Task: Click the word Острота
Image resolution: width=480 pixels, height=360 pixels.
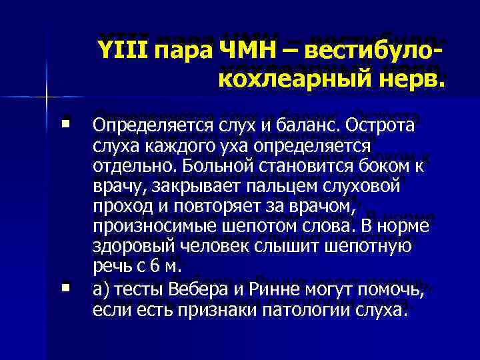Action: point(365,126)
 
